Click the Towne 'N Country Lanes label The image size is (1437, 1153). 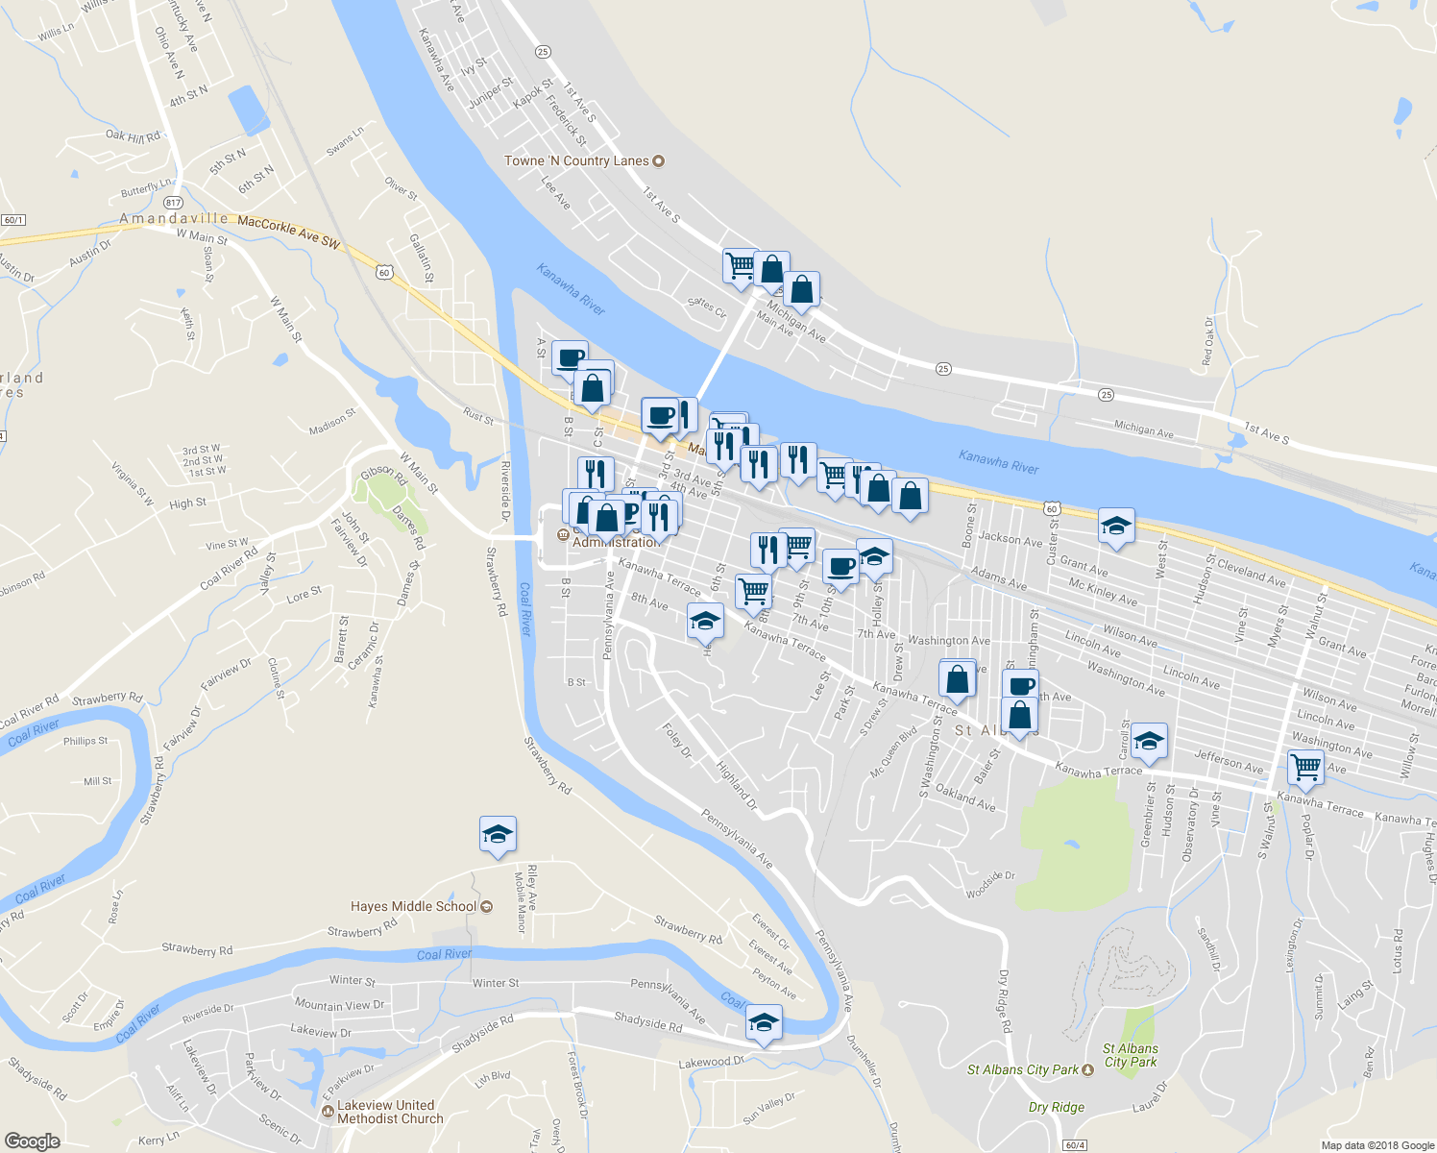pyautogui.click(x=577, y=160)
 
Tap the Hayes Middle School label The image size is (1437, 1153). pyautogui.click(x=414, y=906)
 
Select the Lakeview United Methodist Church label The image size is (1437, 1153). pyautogui.click(x=390, y=1112)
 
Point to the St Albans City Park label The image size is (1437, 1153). pyautogui.click(x=1023, y=1069)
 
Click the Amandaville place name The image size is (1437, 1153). pyautogui.click(x=174, y=219)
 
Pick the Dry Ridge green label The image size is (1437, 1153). pyautogui.click(x=1056, y=1107)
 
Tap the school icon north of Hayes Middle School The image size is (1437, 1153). pyautogui.click(x=498, y=833)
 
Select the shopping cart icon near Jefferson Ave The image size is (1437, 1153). pyautogui.click(x=1305, y=767)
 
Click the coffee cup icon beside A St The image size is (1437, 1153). pyautogui.click(x=570, y=357)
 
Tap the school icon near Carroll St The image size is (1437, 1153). pyautogui.click(x=1149, y=740)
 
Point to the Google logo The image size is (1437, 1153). pyautogui.click(x=32, y=1141)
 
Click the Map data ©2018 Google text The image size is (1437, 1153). pyautogui.click(x=1376, y=1145)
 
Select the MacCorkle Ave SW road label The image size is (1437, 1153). pyautogui.click(x=288, y=233)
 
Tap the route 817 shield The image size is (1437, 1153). pyautogui.click(x=173, y=203)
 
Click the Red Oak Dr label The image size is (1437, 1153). pyautogui.click(x=1207, y=342)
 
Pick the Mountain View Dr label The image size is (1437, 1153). pyautogui.click(x=339, y=1005)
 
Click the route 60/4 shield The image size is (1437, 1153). pyautogui.click(x=1074, y=1145)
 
